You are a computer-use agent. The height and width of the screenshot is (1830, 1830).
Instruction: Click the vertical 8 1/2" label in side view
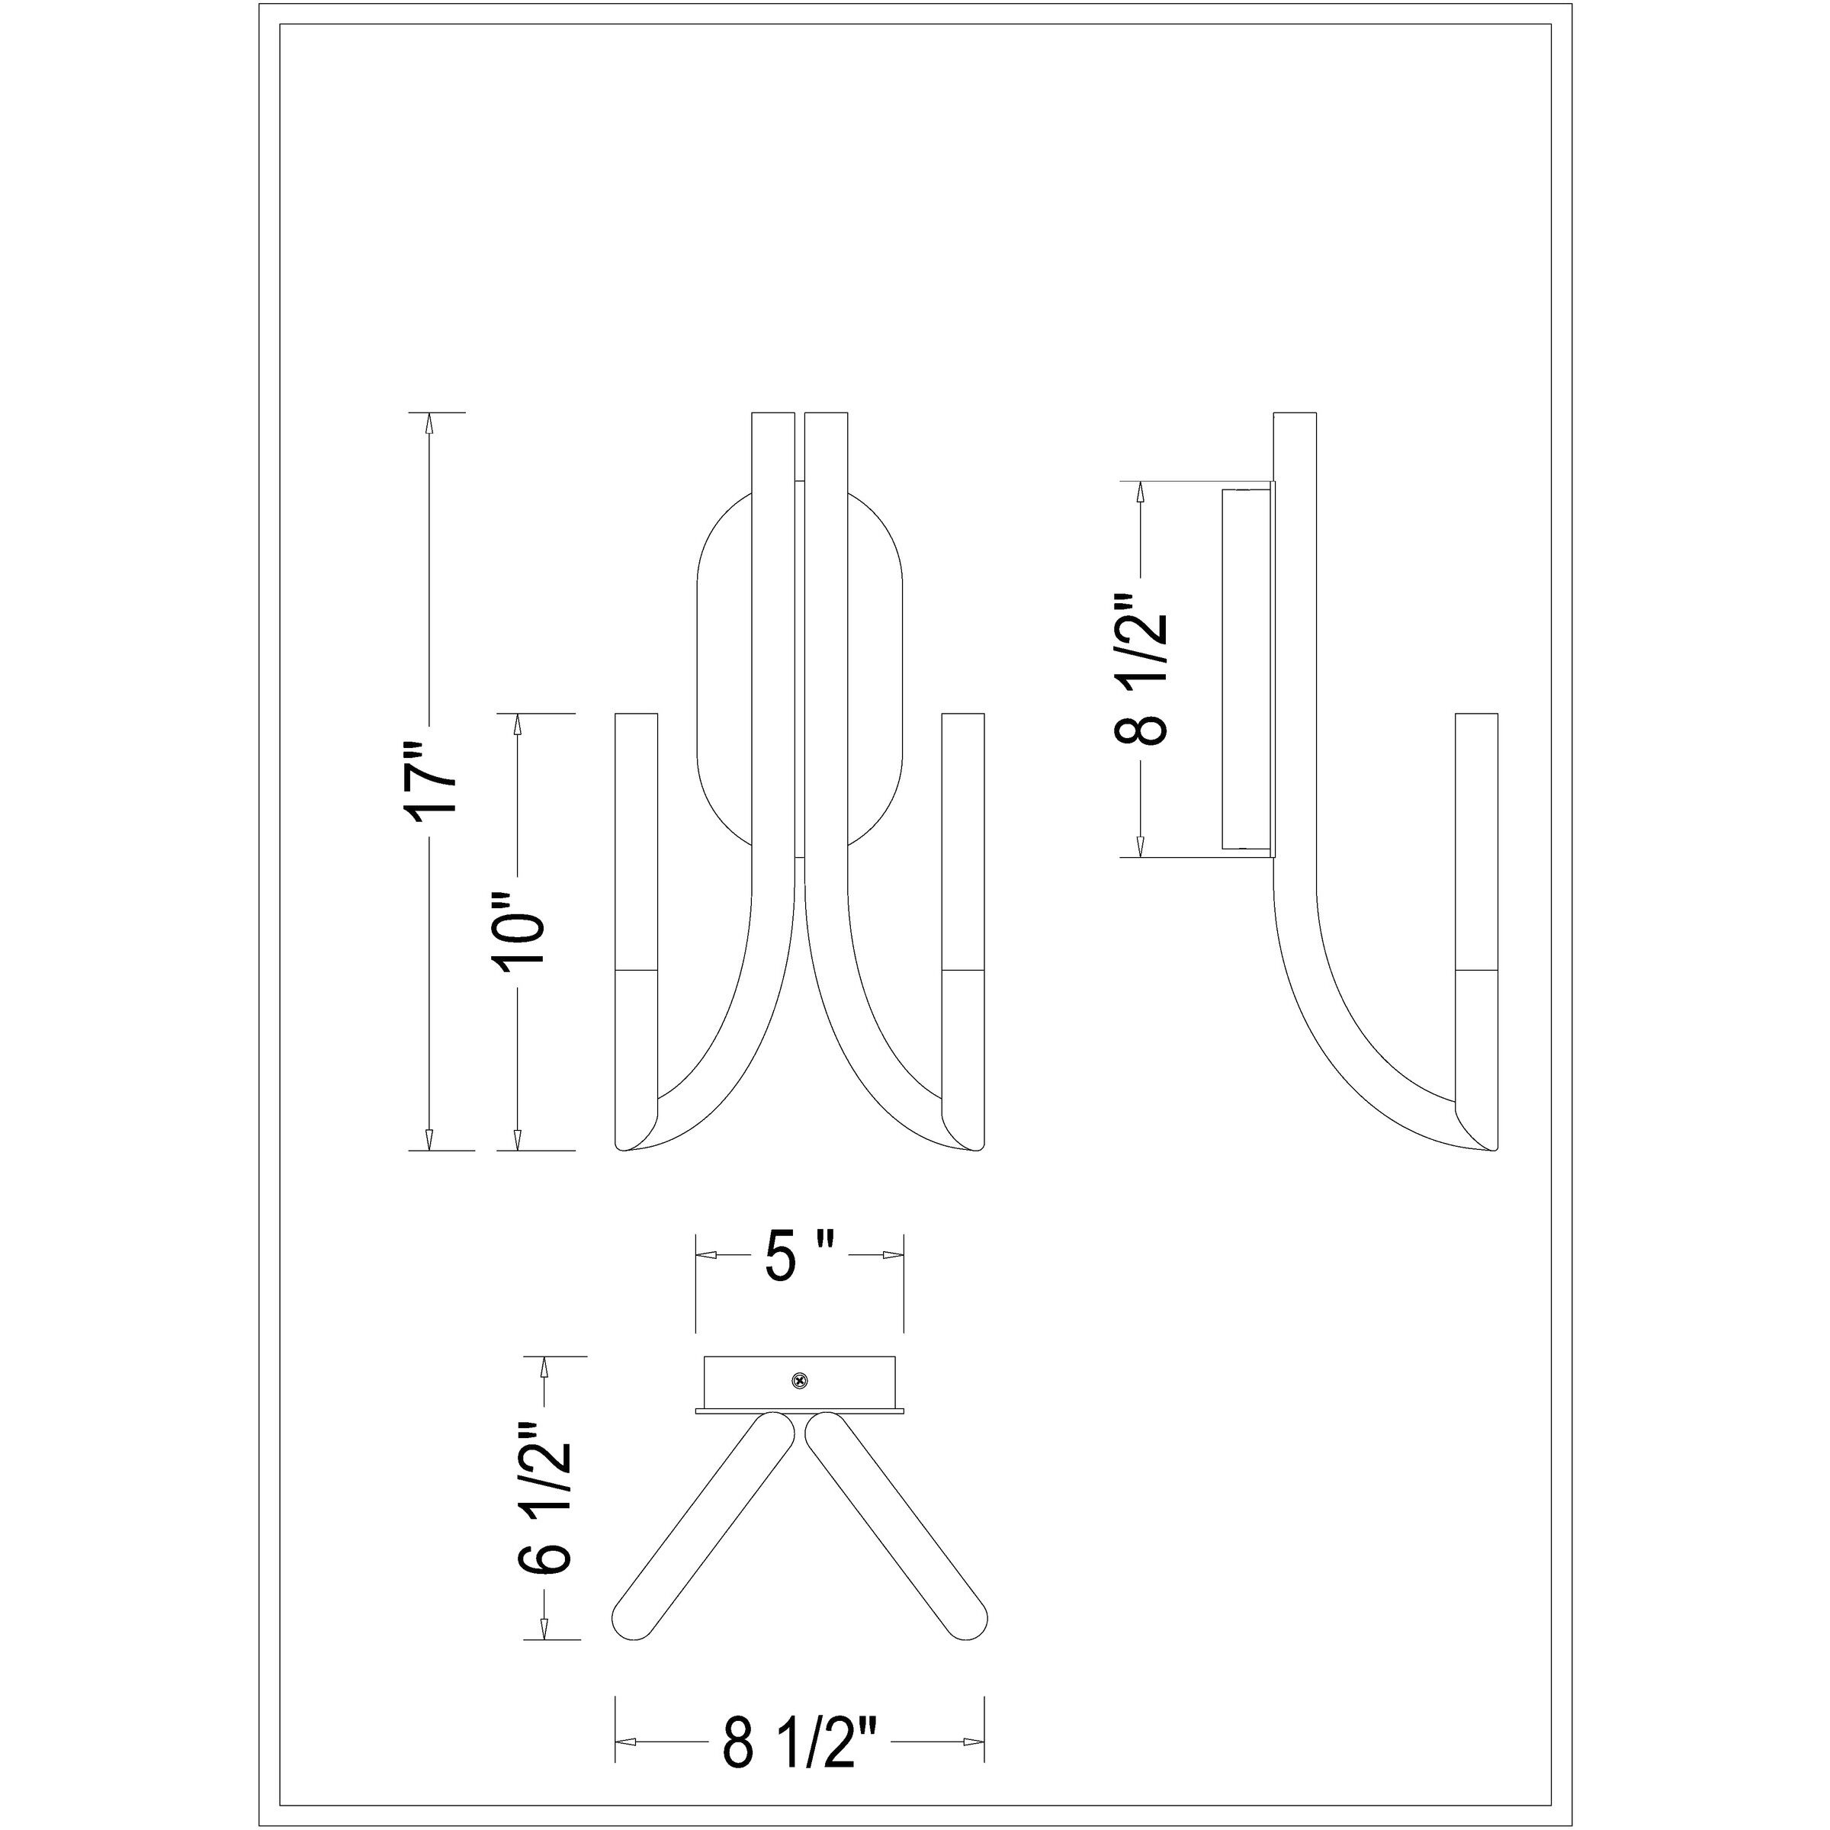pyautogui.click(x=1141, y=671)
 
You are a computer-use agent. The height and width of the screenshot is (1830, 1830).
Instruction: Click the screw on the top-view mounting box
pyautogui.click(x=801, y=1380)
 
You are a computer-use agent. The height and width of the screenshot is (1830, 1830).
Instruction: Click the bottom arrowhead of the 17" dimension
pyautogui.click(x=430, y=1139)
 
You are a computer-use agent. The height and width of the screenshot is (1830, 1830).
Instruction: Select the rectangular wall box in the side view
pyautogui.click(x=1247, y=668)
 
